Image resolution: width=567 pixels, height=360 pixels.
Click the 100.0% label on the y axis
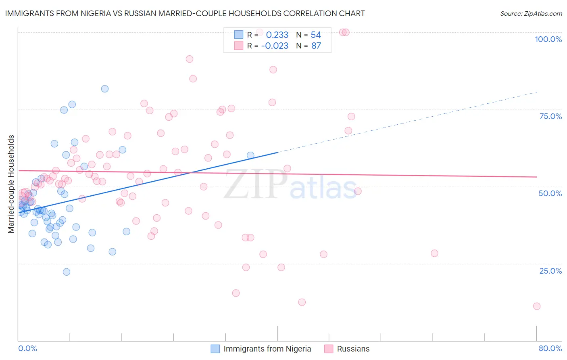click(x=548, y=39)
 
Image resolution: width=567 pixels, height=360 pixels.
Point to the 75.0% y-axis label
click(x=550, y=116)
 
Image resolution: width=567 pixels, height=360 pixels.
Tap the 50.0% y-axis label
click(x=550, y=193)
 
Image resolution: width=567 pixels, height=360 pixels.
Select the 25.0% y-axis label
click(x=550, y=270)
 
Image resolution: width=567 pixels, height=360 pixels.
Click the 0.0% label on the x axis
click(x=27, y=348)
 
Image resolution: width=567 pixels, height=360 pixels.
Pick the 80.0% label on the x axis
click(x=550, y=348)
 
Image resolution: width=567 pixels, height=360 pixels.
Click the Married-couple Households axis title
click(x=11, y=184)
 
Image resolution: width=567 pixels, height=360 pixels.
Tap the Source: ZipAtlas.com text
click(x=531, y=13)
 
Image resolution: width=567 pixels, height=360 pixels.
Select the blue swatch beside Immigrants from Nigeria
click(x=215, y=349)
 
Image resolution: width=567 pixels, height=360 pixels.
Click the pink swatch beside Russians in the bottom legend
click(x=329, y=349)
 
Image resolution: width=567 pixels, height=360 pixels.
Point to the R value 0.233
click(x=277, y=35)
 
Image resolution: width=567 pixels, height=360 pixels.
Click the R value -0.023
click(x=275, y=46)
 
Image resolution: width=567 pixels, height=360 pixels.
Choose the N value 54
click(x=316, y=35)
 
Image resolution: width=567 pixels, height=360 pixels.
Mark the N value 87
click(x=316, y=46)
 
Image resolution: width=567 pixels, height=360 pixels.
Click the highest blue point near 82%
click(x=105, y=89)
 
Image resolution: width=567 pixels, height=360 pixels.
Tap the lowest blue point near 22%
click(x=67, y=272)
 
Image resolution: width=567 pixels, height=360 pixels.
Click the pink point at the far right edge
click(x=537, y=306)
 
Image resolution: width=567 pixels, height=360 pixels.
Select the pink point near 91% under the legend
click(x=190, y=59)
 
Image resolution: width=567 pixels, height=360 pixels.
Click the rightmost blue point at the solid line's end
click(x=250, y=155)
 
